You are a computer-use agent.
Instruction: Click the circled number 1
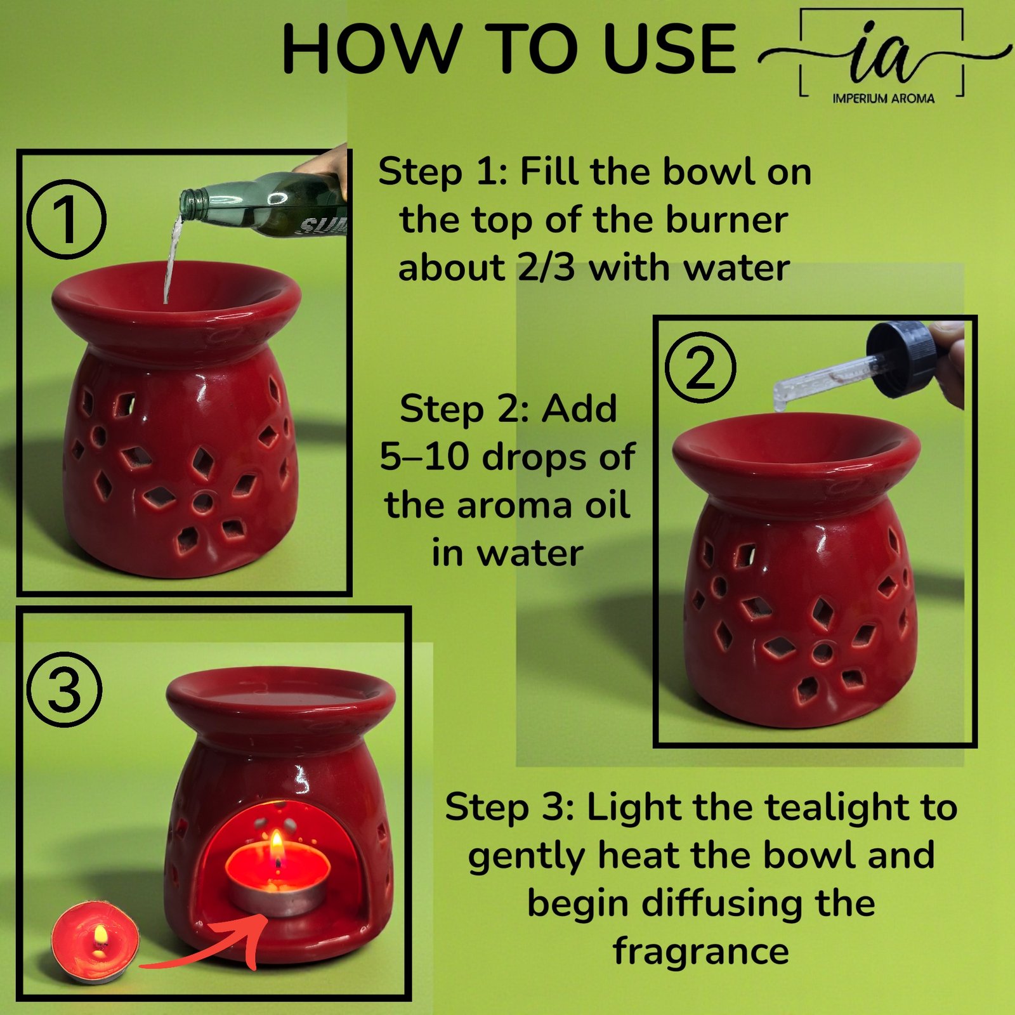(x=67, y=219)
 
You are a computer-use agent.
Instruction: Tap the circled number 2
(x=700, y=367)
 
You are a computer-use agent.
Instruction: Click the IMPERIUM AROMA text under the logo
(x=883, y=98)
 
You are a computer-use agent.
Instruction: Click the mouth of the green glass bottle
(x=188, y=203)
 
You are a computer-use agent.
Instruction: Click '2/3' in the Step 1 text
(x=546, y=268)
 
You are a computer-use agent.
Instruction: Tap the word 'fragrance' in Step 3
(x=701, y=952)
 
